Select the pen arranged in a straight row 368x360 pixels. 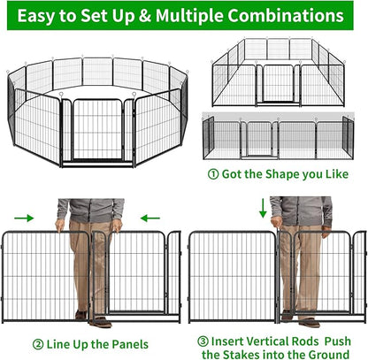coord(284,136)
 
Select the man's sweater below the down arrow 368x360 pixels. coord(301,209)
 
